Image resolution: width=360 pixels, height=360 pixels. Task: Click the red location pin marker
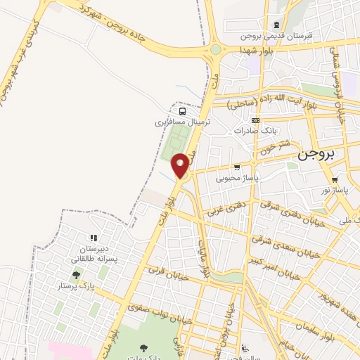tap(181, 165)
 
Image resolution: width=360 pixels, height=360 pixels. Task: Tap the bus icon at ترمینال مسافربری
tap(183, 111)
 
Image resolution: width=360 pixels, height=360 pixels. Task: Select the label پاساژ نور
tap(335, 190)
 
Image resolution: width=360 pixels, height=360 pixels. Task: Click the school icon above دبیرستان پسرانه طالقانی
tap(93, 239)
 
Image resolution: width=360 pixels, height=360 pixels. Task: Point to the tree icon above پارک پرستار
tap(76, 275)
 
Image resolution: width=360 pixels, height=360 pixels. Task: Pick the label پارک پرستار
tap(76, 286)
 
